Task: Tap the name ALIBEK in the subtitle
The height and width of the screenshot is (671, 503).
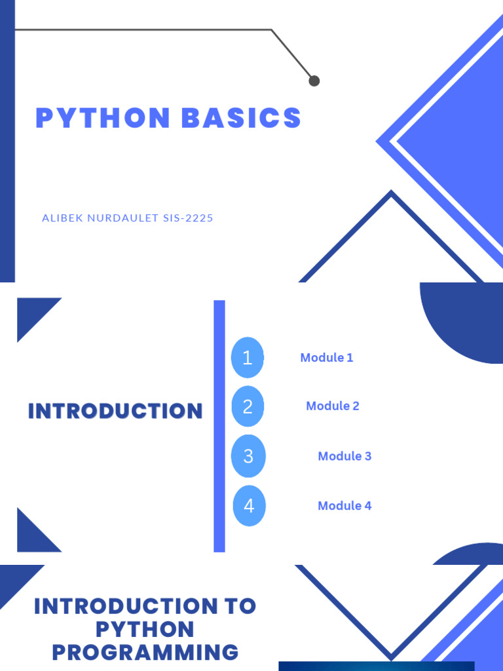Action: [62, 218]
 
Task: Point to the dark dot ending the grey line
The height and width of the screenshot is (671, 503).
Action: [314, 81]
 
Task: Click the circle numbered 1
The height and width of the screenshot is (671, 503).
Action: [248, 358]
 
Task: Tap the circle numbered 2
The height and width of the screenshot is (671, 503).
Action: [248, 407]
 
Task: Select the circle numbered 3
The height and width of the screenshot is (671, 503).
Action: [248, 456]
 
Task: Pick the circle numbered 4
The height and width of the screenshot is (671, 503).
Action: [249, 506]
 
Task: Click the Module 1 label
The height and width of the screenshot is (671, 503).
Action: [327, 358]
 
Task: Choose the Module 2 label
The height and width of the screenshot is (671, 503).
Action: [333, 406]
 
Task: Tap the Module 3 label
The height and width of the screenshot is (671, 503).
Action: [345, 456]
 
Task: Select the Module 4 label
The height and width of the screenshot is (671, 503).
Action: [345, 506]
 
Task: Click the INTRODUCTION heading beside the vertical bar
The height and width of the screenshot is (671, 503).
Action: [115, 412]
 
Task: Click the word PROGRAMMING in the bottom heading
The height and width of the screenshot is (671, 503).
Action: [145, 653]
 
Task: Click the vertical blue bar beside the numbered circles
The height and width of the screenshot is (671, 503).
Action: [219, 426]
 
